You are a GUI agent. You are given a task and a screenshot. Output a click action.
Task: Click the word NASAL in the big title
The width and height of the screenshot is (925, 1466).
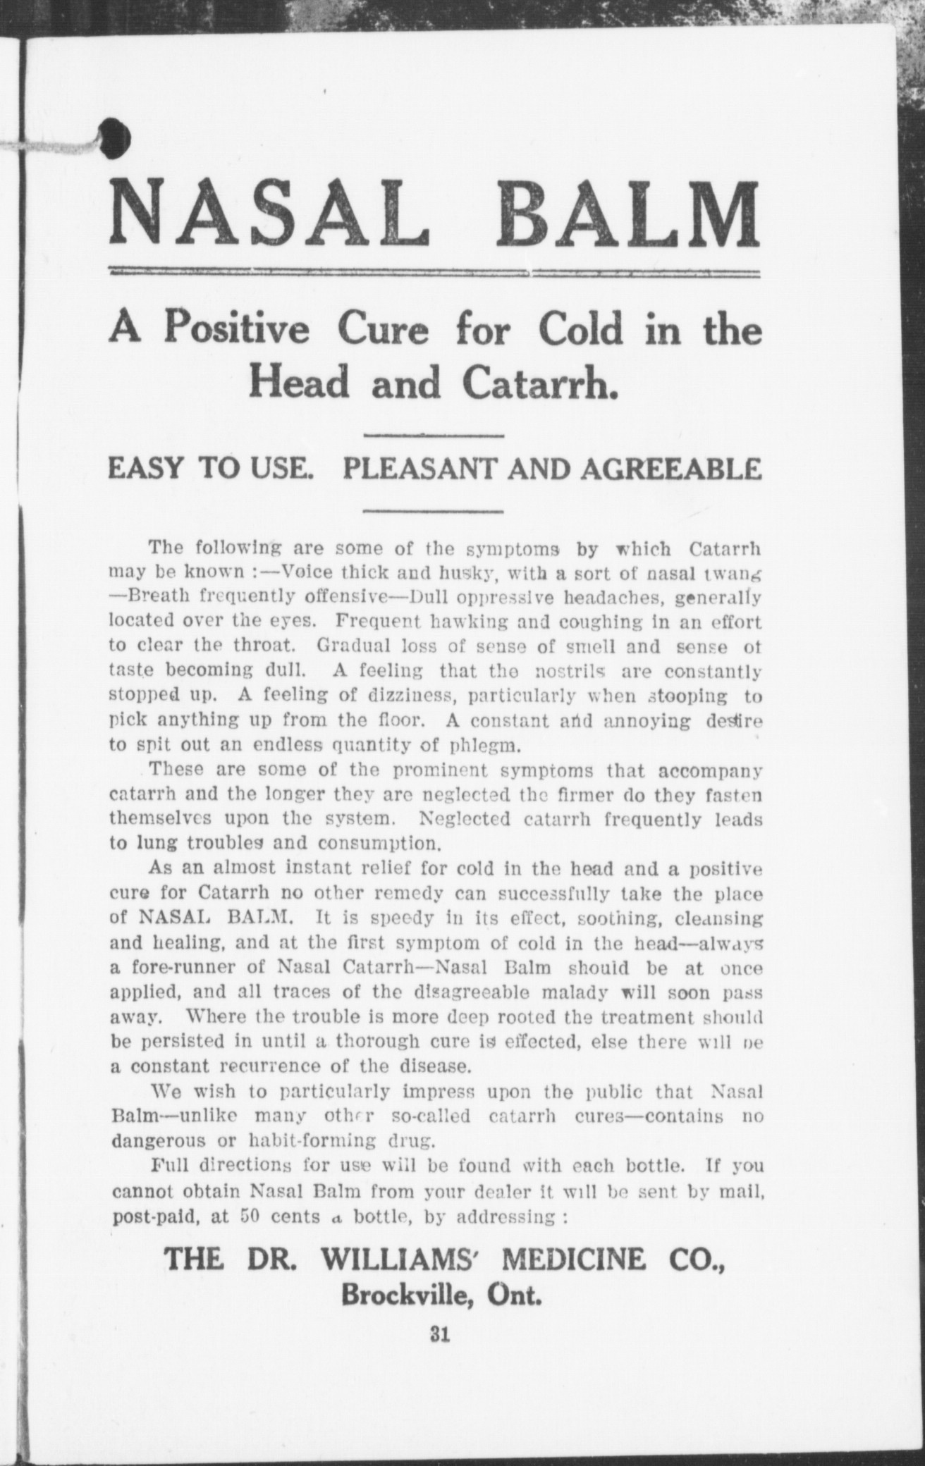(x=269, y=211)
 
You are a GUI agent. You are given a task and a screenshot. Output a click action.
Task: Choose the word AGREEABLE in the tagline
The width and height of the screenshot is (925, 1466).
(x=670, y=469)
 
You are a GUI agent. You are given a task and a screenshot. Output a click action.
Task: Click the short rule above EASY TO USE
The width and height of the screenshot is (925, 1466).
(x=436, y=436)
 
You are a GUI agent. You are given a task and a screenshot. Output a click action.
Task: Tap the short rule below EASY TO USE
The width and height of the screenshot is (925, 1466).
(x=436, y=510)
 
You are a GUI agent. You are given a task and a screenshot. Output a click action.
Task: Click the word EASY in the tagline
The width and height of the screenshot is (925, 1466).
(x=145, y=469)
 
